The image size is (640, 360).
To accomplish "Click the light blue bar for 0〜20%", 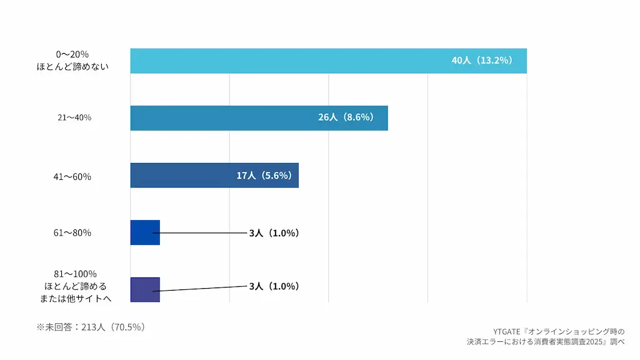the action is pos(329,61).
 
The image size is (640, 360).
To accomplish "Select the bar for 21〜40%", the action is pos(259,118).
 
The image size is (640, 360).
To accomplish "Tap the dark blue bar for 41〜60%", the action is pos(215,175).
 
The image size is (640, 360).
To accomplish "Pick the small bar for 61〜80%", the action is pos(145,232).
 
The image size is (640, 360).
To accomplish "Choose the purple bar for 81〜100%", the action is pos(145,289).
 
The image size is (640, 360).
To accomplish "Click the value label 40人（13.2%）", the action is pos(482,61).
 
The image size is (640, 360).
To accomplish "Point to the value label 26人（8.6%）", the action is pos(346,117).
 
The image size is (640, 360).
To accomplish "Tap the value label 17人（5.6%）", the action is pos(264,176).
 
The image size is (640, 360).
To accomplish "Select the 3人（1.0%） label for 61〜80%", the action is pos(274,233).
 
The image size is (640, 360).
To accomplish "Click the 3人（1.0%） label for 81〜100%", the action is pos(274,286).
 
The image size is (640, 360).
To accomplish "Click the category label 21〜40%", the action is pos(74,117).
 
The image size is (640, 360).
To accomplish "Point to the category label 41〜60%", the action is pos(72,177).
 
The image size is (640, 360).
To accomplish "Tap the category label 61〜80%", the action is pos(72,232).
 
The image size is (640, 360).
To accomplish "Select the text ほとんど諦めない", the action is pos(72,66).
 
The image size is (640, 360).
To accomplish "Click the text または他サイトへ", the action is pos(76,298).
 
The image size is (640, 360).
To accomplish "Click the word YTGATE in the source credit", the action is pos(506,332).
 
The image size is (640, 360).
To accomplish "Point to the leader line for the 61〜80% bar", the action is pos(200,233).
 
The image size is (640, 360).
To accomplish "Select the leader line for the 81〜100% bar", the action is pos(200,289).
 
